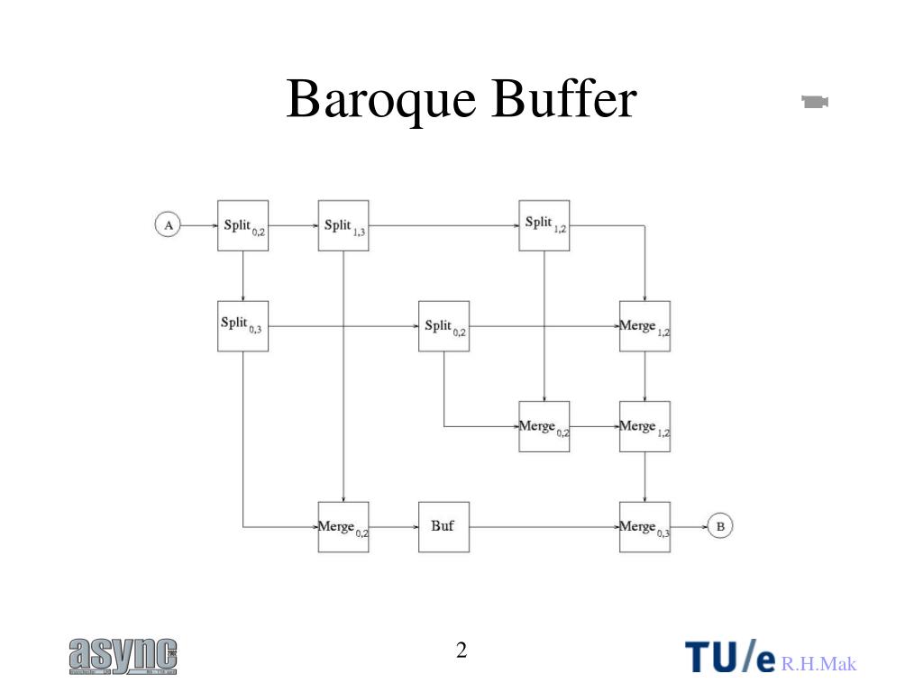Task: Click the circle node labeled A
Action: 168,224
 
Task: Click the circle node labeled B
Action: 719,525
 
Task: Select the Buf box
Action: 443,526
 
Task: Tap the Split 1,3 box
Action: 343,225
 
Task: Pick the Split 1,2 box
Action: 544,225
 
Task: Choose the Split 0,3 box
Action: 242,325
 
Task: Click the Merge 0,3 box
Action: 644,526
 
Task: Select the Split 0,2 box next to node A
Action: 242,225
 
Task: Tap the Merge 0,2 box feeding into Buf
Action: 343,526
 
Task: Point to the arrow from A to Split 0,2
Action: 198,225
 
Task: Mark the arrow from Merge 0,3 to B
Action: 689,526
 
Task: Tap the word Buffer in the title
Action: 564,99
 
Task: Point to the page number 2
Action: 461,651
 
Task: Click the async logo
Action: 123,656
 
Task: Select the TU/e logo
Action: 730,657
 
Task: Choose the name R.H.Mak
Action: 818,665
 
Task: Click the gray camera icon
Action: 815,102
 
